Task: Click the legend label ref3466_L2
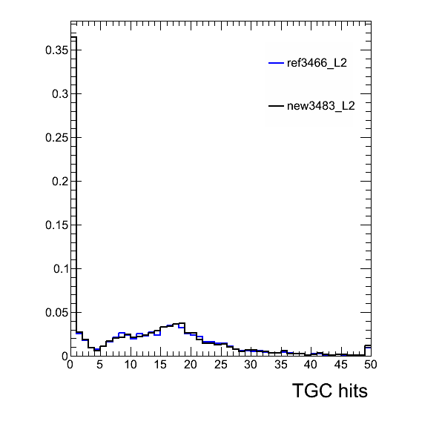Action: click(317, 63)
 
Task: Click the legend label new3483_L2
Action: click(321, 106)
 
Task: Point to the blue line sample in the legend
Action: click(276, 63)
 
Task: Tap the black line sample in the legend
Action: click(276, 106)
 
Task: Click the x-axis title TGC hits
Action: click(330, 391)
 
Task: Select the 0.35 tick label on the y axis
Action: click(56, 50)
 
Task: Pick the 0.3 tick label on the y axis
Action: click(60, 94)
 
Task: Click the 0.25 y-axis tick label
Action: click(56, 138)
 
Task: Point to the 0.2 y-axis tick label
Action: click(60, 182)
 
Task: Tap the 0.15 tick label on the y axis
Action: click(56, 225)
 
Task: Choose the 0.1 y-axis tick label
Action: click(61, 269)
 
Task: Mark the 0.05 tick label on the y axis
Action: click(56, 313)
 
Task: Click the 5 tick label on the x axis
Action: click(100, 365)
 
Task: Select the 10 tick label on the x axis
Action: click(131, 365)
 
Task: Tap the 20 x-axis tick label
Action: click(191, 365)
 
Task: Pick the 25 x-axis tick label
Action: click(221, 365)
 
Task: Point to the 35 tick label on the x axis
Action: click(281, 365)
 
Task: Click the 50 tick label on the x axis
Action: click(370, 365)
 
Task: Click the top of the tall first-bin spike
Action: click(73, 37)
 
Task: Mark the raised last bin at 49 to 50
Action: click(368, 346)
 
